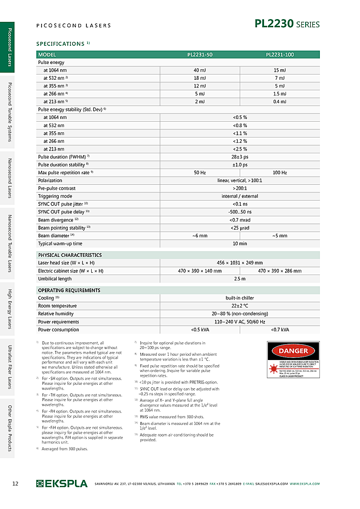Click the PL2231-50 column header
click(200, 54)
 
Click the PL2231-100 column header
click(280, 54)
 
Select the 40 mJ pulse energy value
click(200, 70)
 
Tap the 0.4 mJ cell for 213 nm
click(280, 102)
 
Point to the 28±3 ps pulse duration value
click(240, 157)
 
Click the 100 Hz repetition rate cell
click(280, 172)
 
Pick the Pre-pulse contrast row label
click(57, 188)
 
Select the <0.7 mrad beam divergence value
click(240, 220)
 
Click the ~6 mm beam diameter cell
click(200, 235)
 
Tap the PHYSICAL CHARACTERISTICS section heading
click(70, 255)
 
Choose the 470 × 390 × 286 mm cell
click(280, 271)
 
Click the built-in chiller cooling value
click(240, 298)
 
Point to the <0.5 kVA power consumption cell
click(200, 329)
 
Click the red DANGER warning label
click(293, 351)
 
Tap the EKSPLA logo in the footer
click(62, 484)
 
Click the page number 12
click(15, 484)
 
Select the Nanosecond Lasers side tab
click(9, 178)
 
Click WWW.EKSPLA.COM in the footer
click(305, 484)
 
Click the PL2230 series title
click(287, 24)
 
